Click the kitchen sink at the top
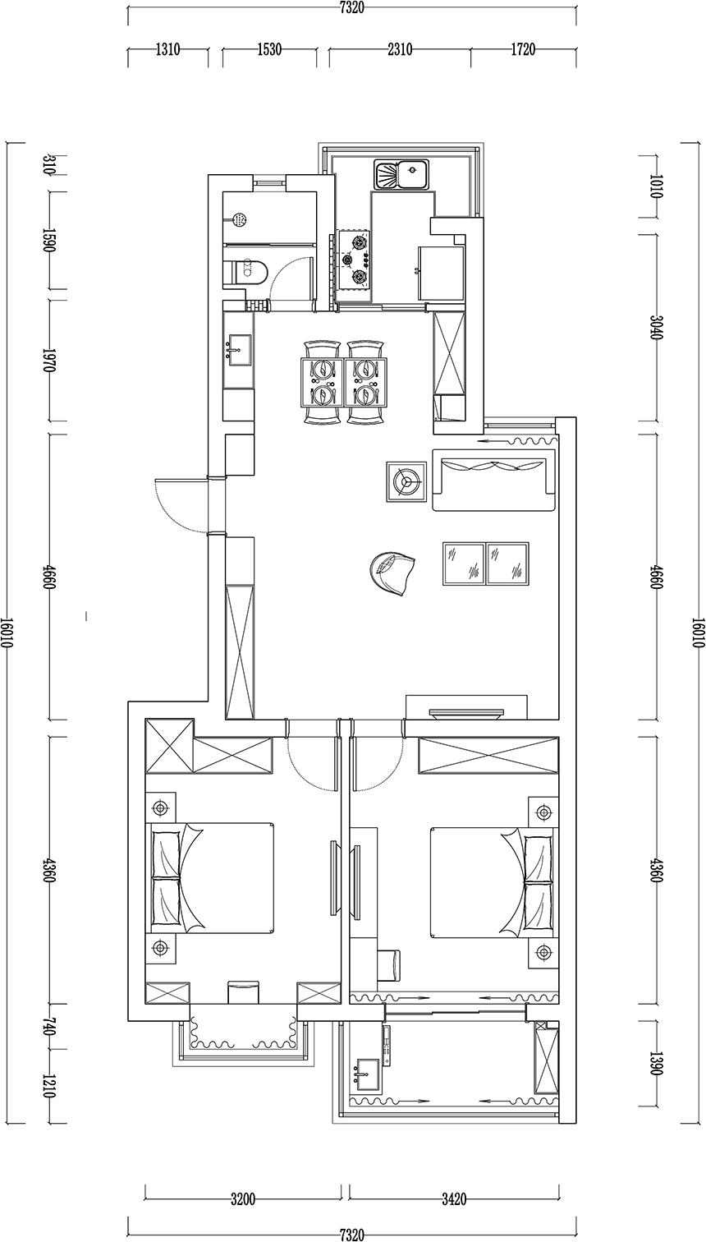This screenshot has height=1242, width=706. (x=402, y=174)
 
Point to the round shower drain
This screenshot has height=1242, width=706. (x=240, y=219)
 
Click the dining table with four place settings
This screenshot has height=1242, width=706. (x=343, y=382)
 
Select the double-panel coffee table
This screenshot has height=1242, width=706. (x=486, y=563)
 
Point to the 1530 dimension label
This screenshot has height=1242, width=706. (x=269, y=50)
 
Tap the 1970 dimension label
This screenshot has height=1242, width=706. (x=49, y=360)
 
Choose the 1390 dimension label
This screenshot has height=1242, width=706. (x=654, y=1064)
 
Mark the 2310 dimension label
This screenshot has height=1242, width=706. (x=399, y=50)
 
